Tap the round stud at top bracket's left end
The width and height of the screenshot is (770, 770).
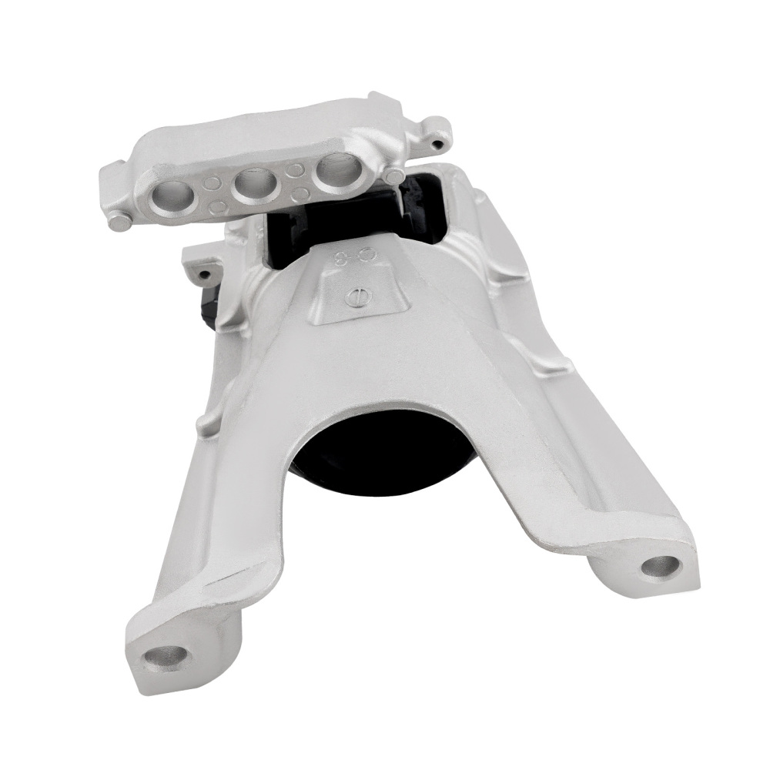point(120,223)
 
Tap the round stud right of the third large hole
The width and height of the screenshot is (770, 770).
point(393,176)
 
